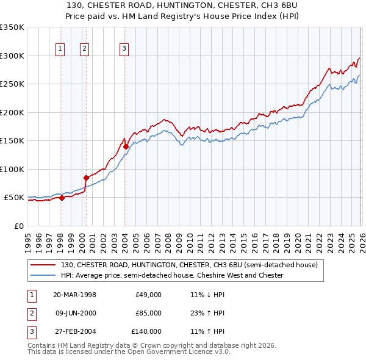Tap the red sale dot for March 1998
pyautogui.click(x=62, y=197)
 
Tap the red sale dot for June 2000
pyautogui.click(x=86, y=178)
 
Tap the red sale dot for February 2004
pyautogui.click(x=126, y=146)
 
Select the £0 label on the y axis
pyautogui.click(x=19, y=226)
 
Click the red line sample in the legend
pyautogui.click(x=43, y=265)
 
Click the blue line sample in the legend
pyautogui.click(x=43, y=275)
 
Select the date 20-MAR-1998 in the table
pyautogui.click(x=74, y=295)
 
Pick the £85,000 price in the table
pyautogui.click(x=148, y=313)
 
